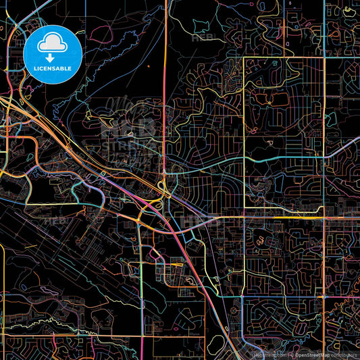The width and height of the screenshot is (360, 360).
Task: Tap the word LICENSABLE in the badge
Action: pyautogui.click(x=53, y=68)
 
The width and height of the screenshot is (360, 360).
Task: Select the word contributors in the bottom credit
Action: pyautogui.click(x=344, y=354)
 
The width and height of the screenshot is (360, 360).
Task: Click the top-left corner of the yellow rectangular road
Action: pyautogui.click(x=244, y=58)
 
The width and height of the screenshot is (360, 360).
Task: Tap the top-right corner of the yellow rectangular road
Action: pyautogui.click(x=324, y=58)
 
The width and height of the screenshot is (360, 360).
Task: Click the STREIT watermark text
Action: pyautogui.click(x=125, y=144)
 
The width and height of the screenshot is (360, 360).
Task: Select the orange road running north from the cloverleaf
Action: pyautogui.click(x=165, y=101)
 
